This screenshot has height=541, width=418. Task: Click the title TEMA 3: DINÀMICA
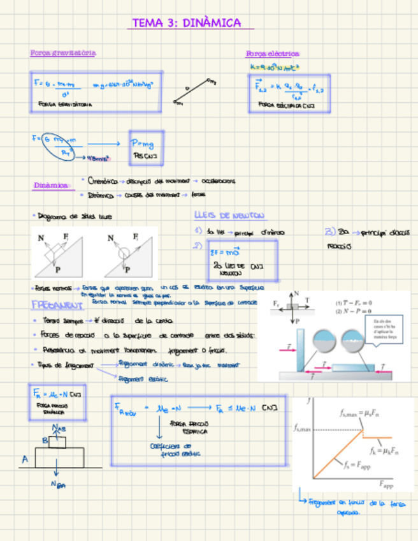pos(186,24)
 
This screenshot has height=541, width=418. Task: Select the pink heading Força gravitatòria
pos(63,53)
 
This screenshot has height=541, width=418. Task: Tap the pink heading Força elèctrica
pos(272,54)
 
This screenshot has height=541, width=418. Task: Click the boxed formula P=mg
pos(141,143)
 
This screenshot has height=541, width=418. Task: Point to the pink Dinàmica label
pos(50,186)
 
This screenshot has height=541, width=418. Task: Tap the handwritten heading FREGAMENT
pos(58,305)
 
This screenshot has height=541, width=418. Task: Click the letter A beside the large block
pos(25,459)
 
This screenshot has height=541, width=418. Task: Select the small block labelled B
pos(57,441)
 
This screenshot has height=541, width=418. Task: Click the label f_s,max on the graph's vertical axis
pos(303,429)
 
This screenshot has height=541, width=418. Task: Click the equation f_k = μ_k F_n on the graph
pos(384,452)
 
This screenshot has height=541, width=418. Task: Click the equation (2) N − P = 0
pos(354,311)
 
